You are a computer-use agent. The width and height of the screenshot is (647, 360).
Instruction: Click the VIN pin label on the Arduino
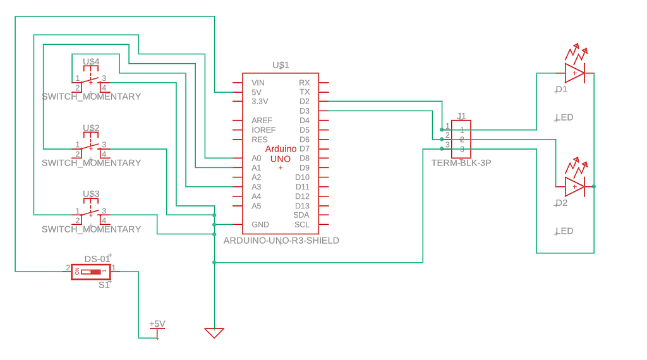pyautogui.click(x=258, y=83)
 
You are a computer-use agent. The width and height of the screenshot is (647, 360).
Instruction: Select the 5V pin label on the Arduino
pyautogui.click(x=257, y=92)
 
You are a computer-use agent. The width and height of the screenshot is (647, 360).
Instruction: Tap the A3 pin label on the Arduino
pyautogui.click(x=256, y=187)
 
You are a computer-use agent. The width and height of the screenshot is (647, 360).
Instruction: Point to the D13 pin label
pyautogui.click(x=302, y=206)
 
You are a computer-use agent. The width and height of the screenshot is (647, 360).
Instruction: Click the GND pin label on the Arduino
pyautogui.click(x=260, y=225)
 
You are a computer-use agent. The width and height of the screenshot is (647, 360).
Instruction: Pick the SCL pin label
pyautogui.click(x=301, y=225)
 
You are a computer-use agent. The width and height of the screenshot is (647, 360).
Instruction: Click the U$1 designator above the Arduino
pyautogui.click(x=281, y=65)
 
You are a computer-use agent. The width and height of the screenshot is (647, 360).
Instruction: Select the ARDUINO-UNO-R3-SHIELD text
pyautogui.click(x=281, y=241)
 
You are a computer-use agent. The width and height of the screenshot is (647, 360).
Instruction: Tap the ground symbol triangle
pyautogui.click(x=214, y=332)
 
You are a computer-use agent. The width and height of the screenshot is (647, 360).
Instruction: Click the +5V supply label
pyautogui.click(x=157, y=324)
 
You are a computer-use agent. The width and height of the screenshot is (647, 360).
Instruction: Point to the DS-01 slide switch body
pyautogui.click(x=92, y=272)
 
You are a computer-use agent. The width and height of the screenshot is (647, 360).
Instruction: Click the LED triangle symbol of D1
pyautogui.click(x=574, y=73)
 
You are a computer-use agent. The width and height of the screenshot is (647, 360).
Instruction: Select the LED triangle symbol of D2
pyautogui.click(x=574, y=186)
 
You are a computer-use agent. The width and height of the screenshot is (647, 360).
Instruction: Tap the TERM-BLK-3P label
pyautogui.click(x=461, y=163)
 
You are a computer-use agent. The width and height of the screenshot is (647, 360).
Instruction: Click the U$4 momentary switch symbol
pyautogui.click(x=91, y=81)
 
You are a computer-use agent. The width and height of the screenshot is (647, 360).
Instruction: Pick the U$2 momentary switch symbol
pyautogui.click(x=91, y=148)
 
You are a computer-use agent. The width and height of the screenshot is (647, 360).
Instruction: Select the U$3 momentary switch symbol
pyautogui.click(x=91, y=214)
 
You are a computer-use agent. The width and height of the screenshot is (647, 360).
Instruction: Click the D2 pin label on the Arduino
pyautogui.click(x=305, y=102)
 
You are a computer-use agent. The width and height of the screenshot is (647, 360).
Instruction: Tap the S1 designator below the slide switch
pyautogui.click(x=104, y=285)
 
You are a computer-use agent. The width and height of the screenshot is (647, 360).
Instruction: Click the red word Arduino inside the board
pyautogui.click(x=281, y=148)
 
